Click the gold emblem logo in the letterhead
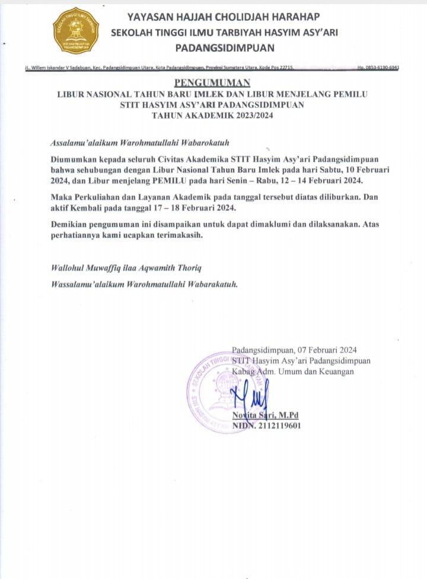[76, 30]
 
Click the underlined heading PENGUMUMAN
[212, 82]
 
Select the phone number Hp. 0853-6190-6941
[378, 69]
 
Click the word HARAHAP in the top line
[295, 16]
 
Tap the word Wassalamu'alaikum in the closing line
[88, 284]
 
